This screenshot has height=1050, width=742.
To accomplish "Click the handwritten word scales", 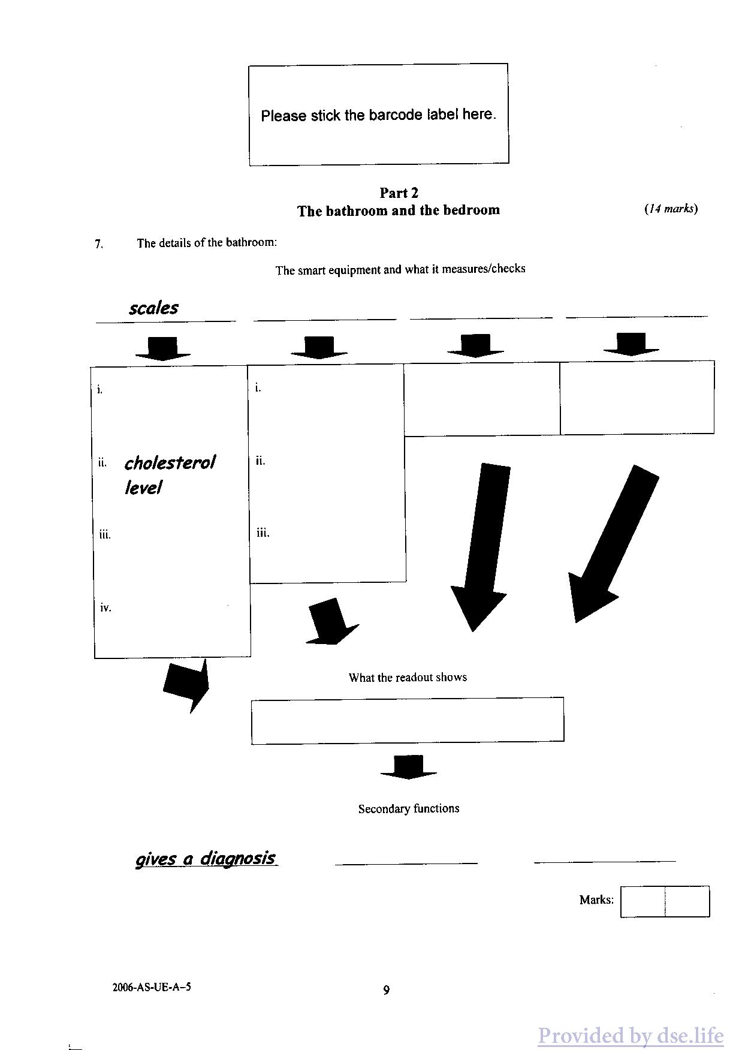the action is pos(153,308).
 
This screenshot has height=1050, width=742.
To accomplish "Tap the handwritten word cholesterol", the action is pos(170,462).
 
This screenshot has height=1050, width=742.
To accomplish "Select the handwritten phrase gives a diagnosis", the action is pos(206,858).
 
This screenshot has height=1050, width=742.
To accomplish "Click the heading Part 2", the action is pos(399,192).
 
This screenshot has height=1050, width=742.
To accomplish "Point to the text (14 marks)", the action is pos(671,209).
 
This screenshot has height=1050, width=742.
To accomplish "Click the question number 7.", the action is pos(99,243).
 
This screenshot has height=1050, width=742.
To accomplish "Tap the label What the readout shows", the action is pos(408,677).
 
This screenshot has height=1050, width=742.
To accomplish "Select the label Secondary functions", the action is pos(409,808).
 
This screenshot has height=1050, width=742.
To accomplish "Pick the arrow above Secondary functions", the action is pos(409,767).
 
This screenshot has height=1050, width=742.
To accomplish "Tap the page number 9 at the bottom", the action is pos(387,990).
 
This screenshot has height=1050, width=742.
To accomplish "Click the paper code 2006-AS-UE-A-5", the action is pos(152,986).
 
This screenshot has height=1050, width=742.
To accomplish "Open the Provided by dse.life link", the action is pos(631,1035).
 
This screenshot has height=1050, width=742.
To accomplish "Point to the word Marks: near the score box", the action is pos(596,899).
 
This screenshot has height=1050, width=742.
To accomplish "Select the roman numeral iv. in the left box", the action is pos(105,607).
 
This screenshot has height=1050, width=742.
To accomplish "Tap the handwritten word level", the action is pos(143,488).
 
